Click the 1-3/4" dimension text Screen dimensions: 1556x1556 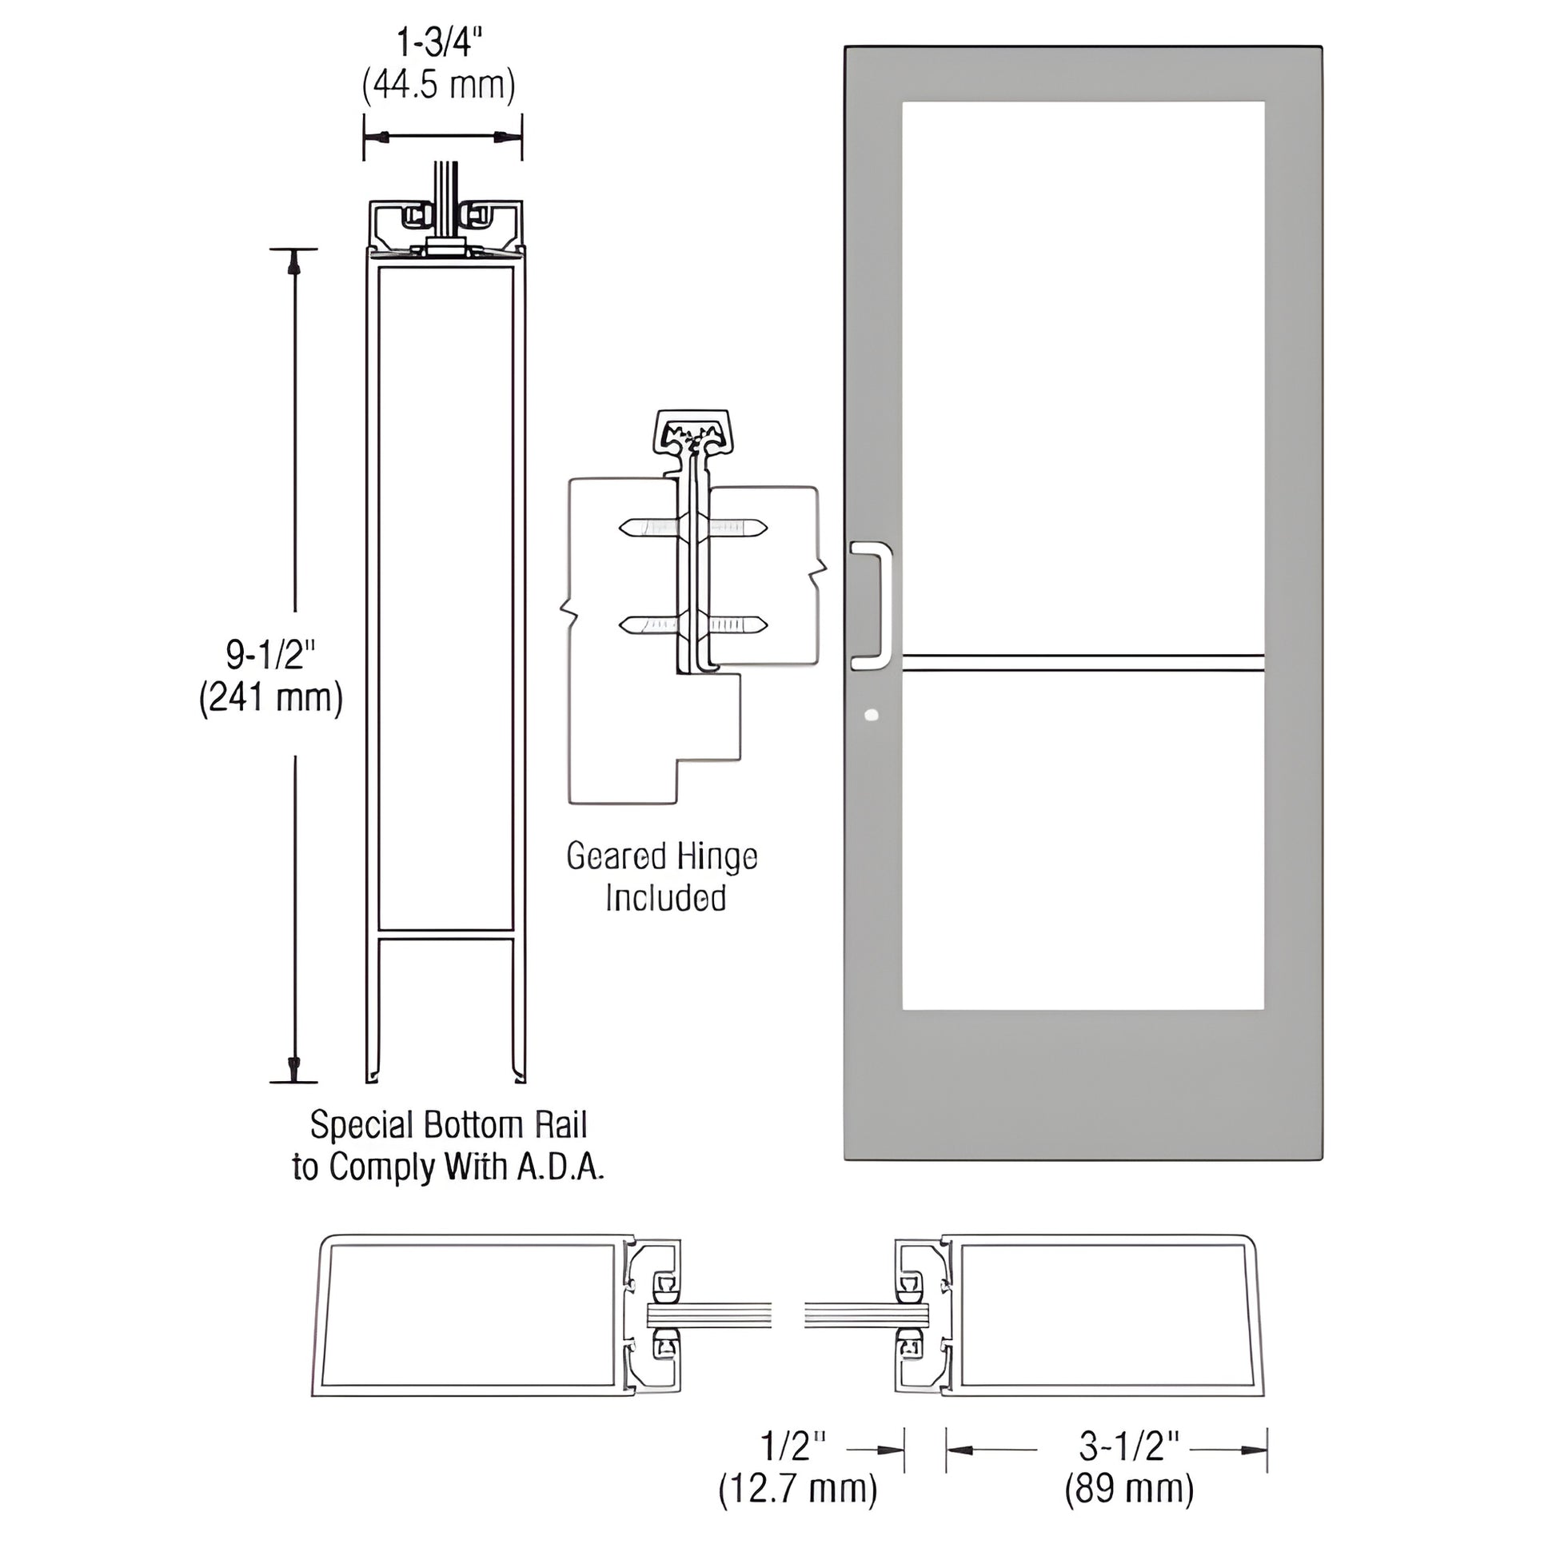[441, 42]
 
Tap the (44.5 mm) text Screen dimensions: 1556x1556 [439, 86]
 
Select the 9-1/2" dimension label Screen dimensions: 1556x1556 [269, 656]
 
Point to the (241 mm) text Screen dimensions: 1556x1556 [271, 697]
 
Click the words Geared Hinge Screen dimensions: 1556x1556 [662, 857]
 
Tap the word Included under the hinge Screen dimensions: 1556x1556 [666, 899]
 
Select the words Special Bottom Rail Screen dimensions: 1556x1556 [449, 1125]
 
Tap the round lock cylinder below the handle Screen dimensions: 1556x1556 [871, 714]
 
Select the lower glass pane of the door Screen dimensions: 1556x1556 [1083, 842]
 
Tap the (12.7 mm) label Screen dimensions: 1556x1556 [797, 1489]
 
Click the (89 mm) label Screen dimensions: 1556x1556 [1129, 1489]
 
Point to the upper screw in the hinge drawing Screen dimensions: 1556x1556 [692, 529]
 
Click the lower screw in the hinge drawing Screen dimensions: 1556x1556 [692, 624]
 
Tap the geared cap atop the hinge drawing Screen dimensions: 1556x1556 [692, 436]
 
